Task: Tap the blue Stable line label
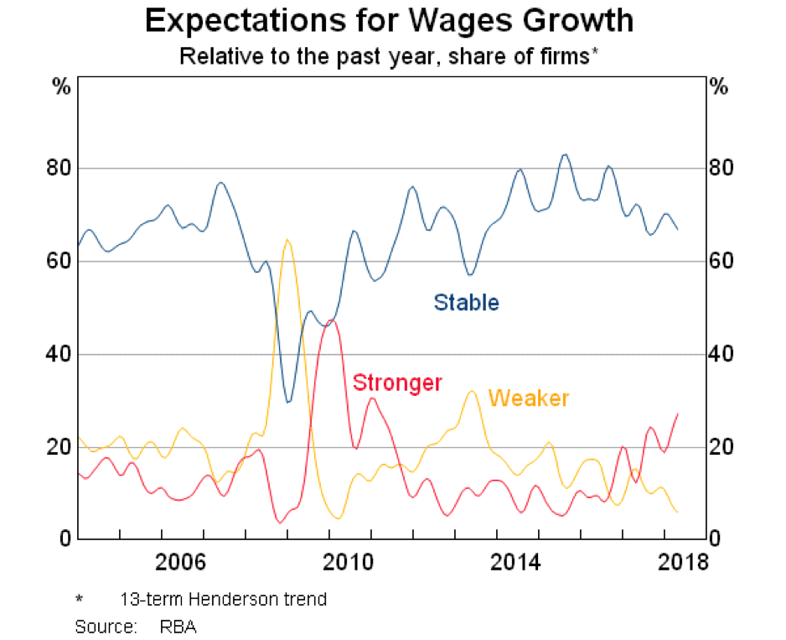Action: [x=466, y=302]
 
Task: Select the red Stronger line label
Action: [x=397, y=383]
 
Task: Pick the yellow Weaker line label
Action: [x=529, y=398]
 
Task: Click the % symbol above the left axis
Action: [x=60, y=86]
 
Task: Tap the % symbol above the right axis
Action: [x=719, y=86]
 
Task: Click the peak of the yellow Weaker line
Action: [x=287, y=240]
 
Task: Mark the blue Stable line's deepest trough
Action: [x=288, y=402]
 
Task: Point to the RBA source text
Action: [x=178, y=626]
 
